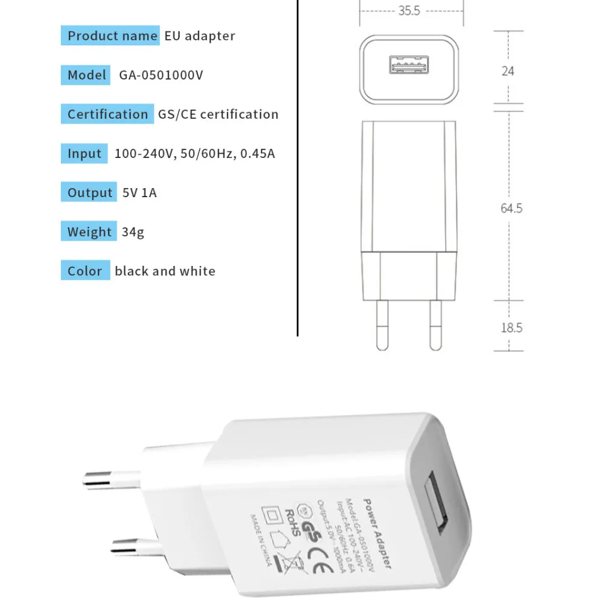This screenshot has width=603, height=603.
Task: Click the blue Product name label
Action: point(110,36)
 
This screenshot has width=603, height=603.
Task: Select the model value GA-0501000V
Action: point(161,75)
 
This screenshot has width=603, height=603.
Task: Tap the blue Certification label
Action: point(107,114)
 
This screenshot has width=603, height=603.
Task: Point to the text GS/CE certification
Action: point(218,114)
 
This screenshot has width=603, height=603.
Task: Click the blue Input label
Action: point(84,153)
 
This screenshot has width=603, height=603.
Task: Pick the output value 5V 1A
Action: point(139,193)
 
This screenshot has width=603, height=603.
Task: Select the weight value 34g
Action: point(133,232)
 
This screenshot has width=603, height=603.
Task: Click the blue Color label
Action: point(85,271)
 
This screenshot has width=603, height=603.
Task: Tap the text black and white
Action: point(165,271)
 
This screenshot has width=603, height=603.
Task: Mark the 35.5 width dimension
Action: point(409,11)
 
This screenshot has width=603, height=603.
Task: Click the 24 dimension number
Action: point(508,71)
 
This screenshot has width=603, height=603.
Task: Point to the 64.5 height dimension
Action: point(511,209)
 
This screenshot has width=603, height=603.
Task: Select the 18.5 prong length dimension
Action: point(511,328)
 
